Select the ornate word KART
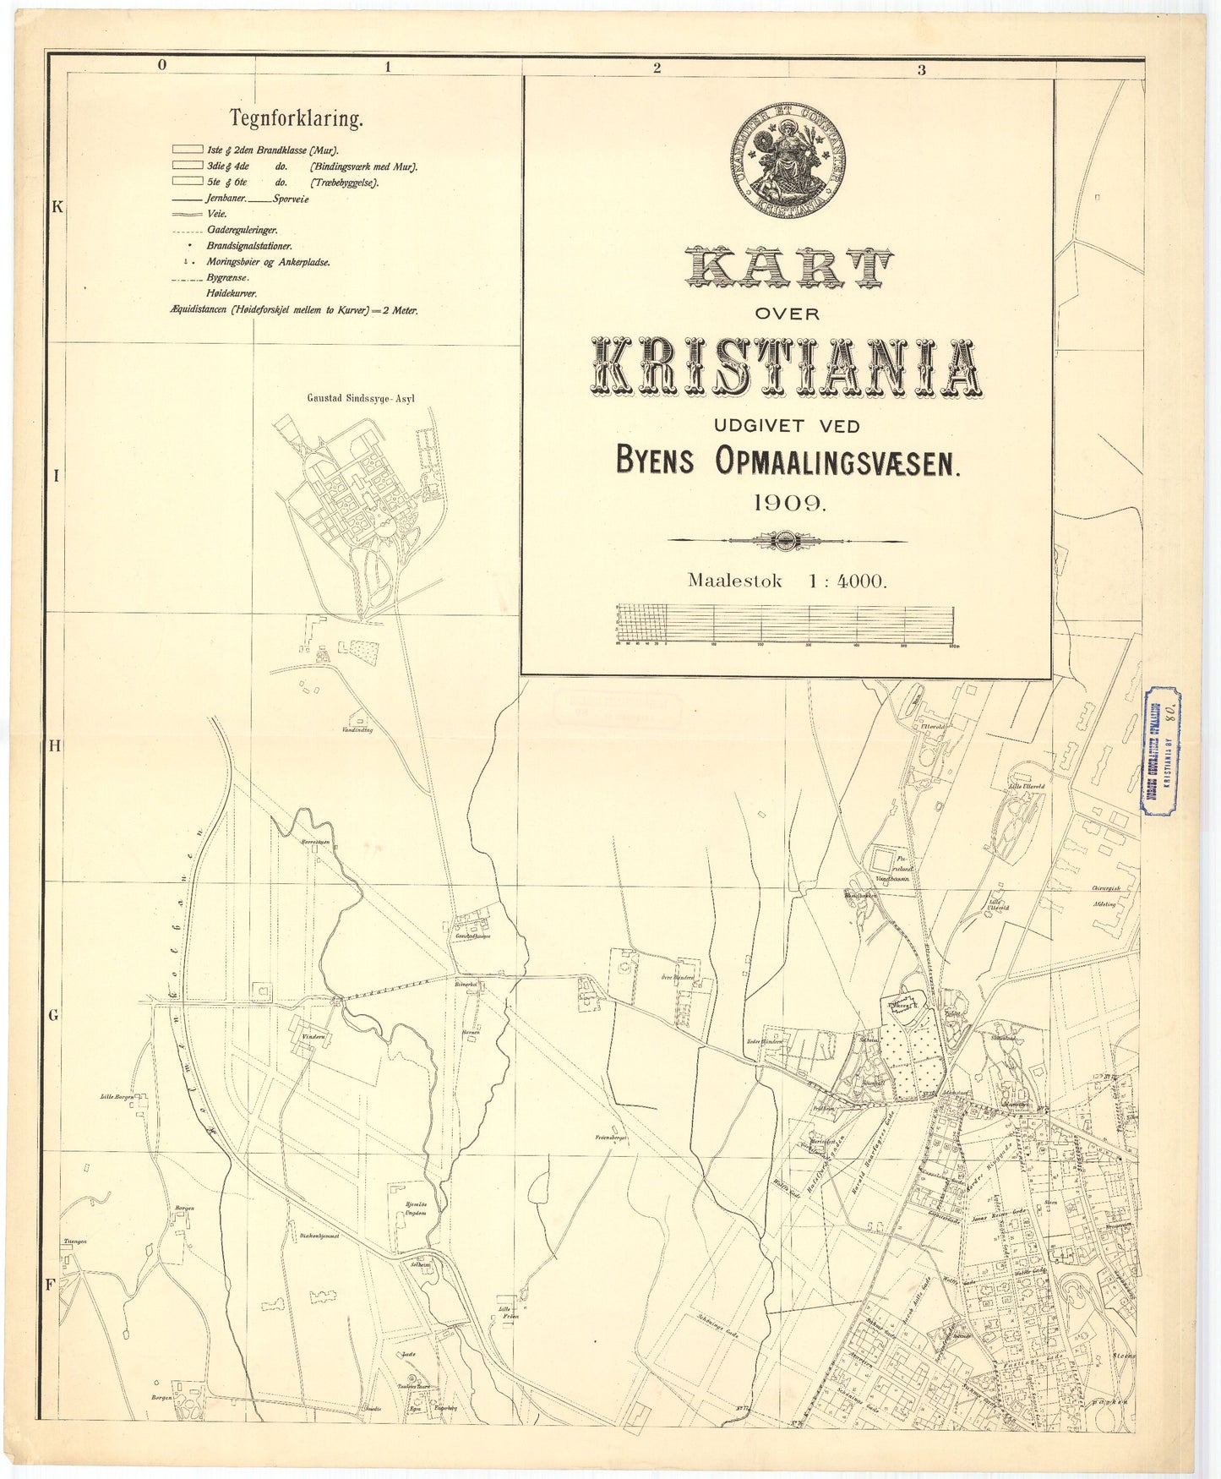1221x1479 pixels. pos(788,269)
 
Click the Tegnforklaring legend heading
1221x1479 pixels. pos(297,119)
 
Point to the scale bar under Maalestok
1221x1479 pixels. pos(786,625)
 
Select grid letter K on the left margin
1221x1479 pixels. pos(57,207)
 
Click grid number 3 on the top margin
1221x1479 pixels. pos(922,69)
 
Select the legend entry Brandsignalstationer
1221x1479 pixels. pos(249,246)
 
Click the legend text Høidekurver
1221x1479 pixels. pos(232,293)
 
